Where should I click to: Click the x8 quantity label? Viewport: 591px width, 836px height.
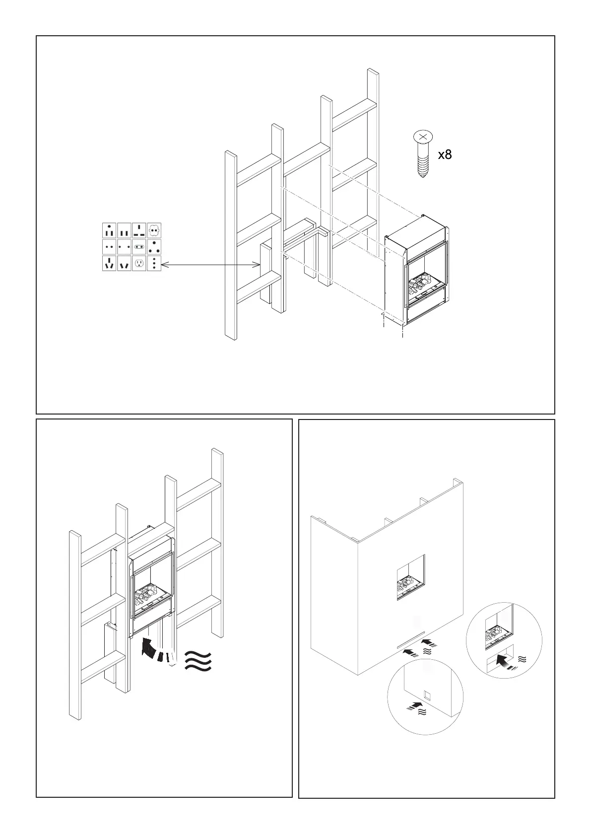[445, 155]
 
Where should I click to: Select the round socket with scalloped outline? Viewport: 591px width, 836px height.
[154, 231]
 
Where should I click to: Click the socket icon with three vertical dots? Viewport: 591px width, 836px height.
[154, 263]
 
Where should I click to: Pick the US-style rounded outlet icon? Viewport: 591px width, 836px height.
[139, 263]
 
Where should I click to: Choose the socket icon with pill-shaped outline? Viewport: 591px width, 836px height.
[139, 247]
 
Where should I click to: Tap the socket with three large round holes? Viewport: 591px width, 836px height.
[154, 247]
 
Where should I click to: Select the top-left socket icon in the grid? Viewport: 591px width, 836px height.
[109, 231]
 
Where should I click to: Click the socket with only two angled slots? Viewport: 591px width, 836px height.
[124, 264]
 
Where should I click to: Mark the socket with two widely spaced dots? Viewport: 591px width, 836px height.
[124, 247]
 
